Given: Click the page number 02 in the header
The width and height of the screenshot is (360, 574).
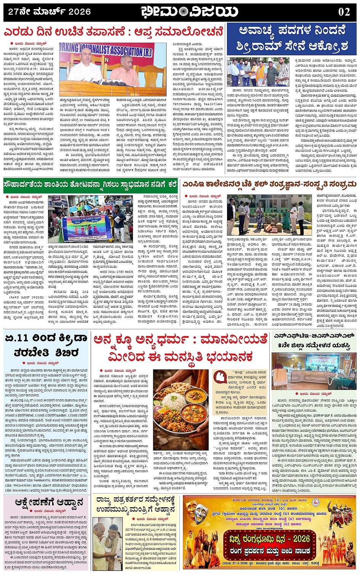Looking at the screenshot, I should [x=344, y=12].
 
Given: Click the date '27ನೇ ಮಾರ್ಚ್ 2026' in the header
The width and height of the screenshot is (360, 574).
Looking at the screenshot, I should [x=50, y=12].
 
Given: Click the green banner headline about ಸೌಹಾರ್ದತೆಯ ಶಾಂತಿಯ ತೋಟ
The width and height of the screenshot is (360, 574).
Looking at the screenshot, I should [x=91, y=185].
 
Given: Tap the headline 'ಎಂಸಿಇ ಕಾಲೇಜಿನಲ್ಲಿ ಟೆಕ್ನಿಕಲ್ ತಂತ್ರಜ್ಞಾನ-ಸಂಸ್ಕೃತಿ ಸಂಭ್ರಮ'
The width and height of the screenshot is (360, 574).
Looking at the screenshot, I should [x=269, y=185].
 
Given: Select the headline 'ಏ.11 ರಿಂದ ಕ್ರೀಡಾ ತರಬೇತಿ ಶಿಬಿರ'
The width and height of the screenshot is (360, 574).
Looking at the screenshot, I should [x=46, y=345].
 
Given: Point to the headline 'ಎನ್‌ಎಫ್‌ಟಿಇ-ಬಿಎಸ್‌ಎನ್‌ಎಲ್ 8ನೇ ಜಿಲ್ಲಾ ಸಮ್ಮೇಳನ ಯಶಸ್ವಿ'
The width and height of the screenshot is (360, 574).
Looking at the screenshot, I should [x=314, y=340].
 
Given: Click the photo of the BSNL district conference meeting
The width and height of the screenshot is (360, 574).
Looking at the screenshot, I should [x=314, y=371].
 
